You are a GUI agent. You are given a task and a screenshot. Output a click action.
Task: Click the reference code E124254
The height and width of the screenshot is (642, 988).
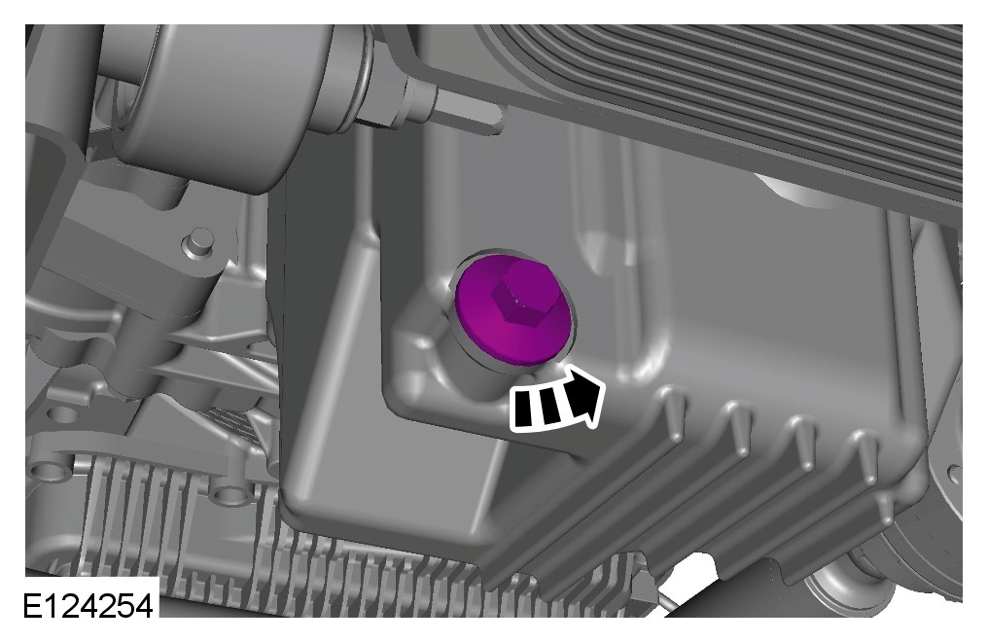(88, 607)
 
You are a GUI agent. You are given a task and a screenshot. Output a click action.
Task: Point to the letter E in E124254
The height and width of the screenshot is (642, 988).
(33, 607)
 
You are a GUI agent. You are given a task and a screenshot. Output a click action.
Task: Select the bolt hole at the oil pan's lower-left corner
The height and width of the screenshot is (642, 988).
(228, 492)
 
